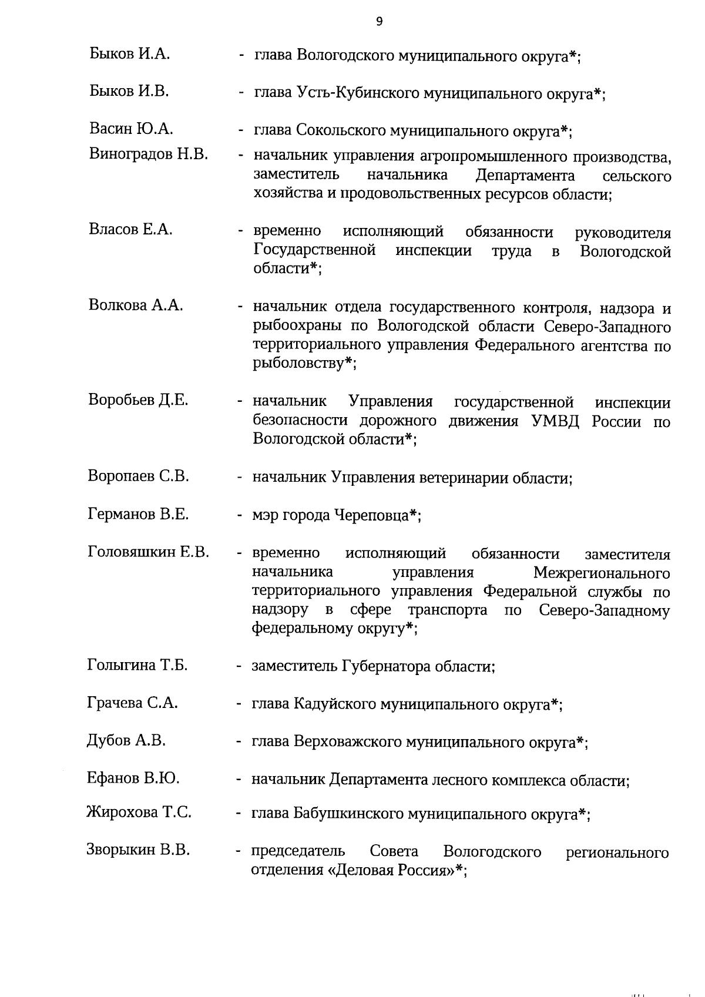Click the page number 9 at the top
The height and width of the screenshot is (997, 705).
pos(379,22)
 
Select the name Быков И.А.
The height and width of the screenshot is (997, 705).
pos(130,54)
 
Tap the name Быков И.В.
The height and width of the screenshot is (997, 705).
pos(129,91)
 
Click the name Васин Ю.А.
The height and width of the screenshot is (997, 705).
pos(131,129)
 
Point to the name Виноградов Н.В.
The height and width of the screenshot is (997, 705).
pos(149,155)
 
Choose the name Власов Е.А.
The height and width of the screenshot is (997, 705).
pos(130,230)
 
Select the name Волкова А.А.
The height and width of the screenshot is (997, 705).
pos(136,306)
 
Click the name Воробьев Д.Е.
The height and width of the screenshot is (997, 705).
pos(138,400)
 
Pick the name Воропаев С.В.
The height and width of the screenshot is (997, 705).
pos(139,476)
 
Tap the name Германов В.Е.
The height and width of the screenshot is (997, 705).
pos(138,514)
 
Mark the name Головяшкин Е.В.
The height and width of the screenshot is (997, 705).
pos(149,552)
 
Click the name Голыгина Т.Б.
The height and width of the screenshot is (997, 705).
pos(137,665)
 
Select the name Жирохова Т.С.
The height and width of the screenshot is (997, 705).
pos(139,813)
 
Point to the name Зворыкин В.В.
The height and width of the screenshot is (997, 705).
pos(138,850)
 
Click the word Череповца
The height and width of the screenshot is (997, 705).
pos(371,516)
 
